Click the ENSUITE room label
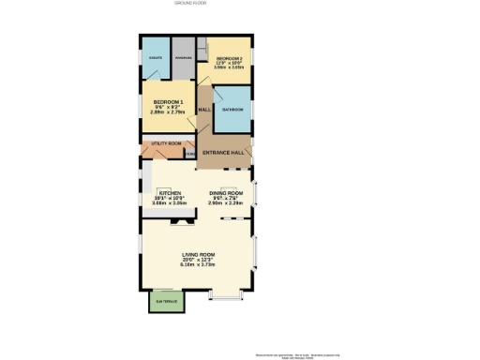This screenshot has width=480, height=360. point(156,58)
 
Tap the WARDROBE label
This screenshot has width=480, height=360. point(183,58)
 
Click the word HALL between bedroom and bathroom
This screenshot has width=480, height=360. point(204,110)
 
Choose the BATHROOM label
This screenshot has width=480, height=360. point(232,110)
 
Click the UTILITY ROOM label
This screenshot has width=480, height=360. point(166,143)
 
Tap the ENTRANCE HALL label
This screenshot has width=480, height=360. point(224,152)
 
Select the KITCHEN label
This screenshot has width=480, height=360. point(170,193)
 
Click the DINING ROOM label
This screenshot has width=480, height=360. point(226,193)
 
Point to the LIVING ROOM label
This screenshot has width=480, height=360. point(198,255)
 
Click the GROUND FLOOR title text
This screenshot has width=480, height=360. point(190,4)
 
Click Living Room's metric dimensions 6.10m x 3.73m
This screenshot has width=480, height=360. point(198,264)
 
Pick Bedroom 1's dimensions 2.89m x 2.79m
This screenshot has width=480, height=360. point(168,111)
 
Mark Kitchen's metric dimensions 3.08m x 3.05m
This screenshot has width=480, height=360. point(170,202)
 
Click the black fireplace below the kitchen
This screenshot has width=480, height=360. point(175,223)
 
